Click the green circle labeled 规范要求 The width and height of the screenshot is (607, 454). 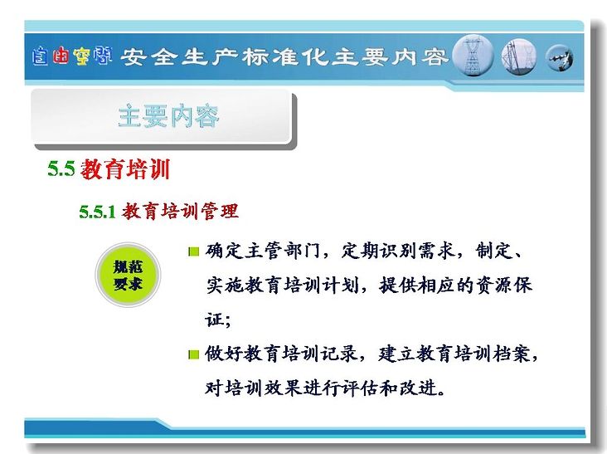coord(128,275)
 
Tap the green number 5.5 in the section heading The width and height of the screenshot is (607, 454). coord(61,168)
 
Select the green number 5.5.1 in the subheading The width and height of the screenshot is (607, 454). coord(98,212)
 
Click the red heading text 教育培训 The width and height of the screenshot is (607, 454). coord(125,169)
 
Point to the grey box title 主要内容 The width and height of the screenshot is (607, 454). coord(169,116)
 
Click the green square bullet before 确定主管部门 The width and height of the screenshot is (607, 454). coord(193,252)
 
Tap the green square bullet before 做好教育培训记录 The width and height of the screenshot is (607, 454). coord(193,354)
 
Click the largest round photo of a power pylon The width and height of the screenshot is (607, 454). coord(473,56)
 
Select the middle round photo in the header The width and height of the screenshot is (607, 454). coord(519,57)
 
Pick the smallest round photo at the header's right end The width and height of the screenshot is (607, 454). coord(560,58)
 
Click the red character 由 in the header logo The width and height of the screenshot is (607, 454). coord(61,56)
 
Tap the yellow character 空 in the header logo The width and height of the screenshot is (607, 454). coord(82,56)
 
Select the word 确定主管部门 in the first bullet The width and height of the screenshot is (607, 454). coord(263,251)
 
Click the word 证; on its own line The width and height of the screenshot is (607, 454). coord(218,320)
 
